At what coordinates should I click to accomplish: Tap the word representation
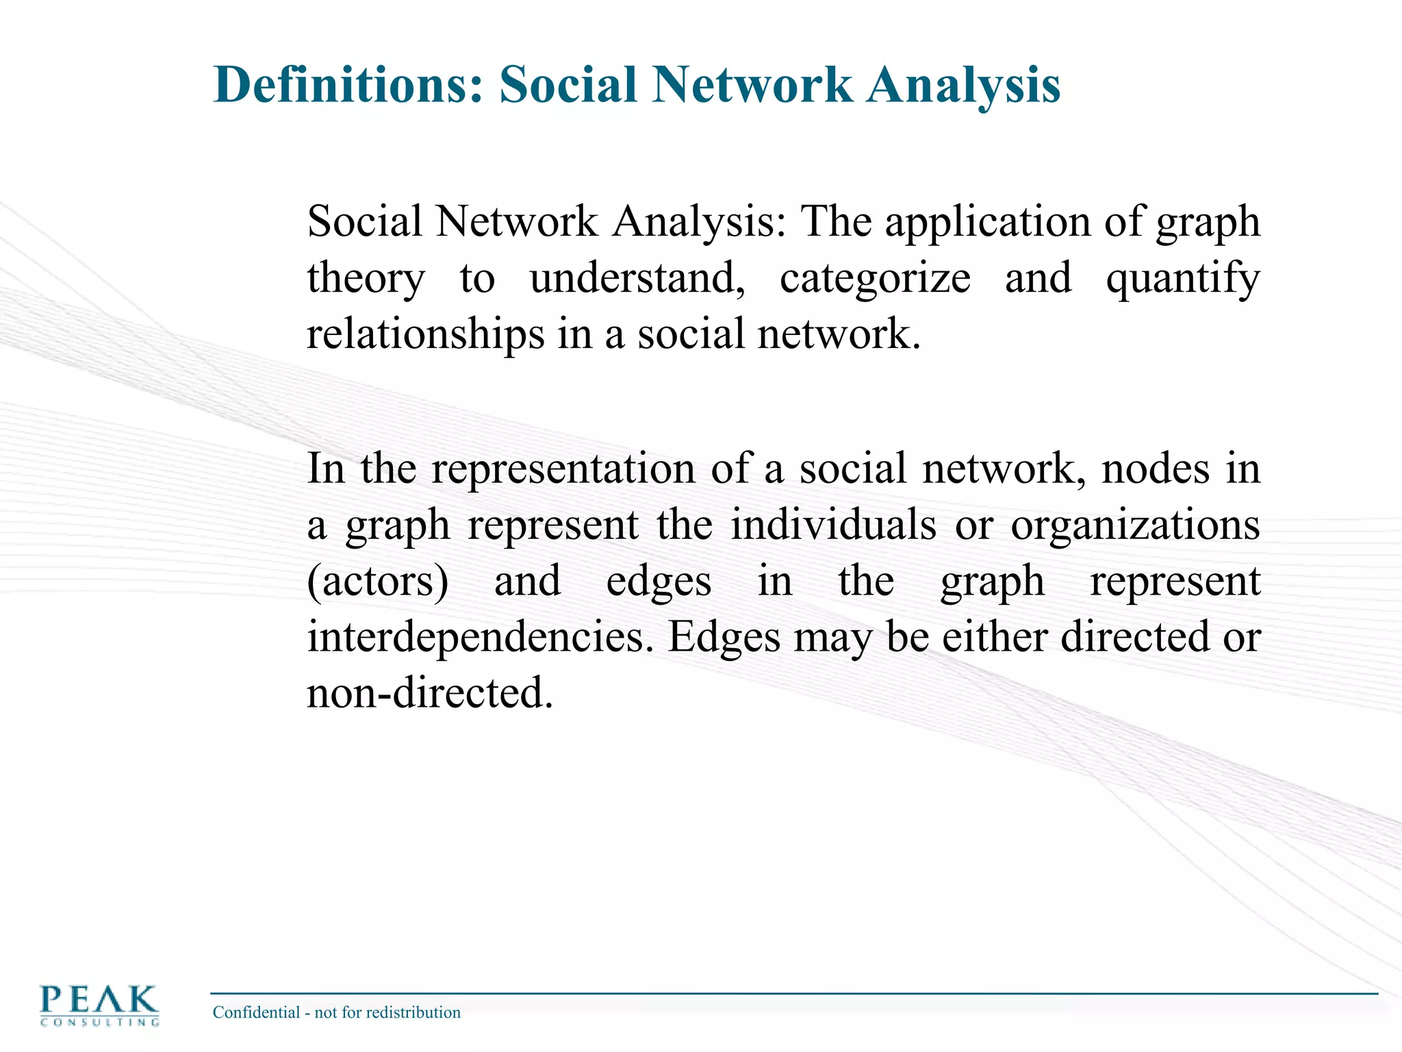(563, 470)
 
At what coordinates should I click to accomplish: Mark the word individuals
(833, 526)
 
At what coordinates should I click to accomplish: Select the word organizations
(1135, 526)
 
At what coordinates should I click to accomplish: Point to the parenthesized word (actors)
(378, 582)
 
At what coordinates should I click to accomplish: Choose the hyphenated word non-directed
(429, 693)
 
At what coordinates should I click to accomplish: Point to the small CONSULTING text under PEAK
(100, 1023)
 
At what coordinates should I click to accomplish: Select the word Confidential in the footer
(257, 1012)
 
